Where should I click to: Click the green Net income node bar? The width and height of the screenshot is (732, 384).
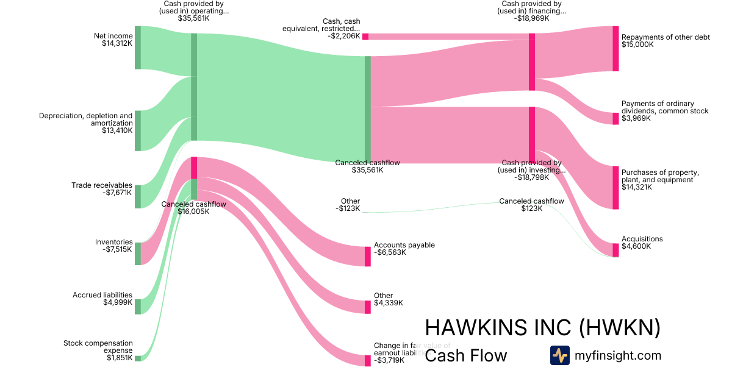click(x=137, y=48)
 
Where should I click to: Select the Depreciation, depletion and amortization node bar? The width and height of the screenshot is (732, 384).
click(x=137, y=130)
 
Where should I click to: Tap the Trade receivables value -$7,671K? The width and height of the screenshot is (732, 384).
click(x=117, y=193)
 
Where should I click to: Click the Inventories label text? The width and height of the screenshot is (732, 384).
click(x=113, y=242)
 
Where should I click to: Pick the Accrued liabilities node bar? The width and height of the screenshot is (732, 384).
click(x=137, y=306)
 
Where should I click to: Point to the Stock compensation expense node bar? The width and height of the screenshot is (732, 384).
click(x=137, y=358)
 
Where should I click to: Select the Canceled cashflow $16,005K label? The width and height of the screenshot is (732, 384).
click(x=193, y=208)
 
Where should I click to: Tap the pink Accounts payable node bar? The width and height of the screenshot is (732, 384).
click(x=367, y=257)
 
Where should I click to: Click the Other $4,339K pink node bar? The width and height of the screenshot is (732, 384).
click(x=367, y=307)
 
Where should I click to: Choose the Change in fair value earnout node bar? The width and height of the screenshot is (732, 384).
click(x=367, y=360)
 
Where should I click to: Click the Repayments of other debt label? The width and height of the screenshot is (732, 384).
click(x=666, y=37)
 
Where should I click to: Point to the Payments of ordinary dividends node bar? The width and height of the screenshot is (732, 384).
click(x=615, y=118)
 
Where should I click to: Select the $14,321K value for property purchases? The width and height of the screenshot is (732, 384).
click(x=637, y=187)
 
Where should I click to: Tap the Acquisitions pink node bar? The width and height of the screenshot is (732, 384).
click(x=615, y=250)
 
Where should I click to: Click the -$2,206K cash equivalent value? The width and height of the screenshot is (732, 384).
click(x=343, y=36)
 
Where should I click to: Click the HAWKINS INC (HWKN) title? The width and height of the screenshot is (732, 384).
click(x=542, y=328)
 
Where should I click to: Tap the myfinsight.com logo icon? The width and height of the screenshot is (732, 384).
click(x=559, y=355)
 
